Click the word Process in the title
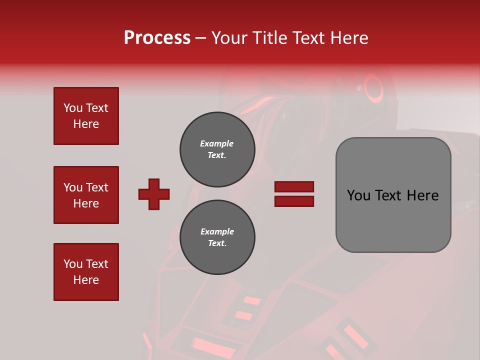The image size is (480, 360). (x=157, y=38)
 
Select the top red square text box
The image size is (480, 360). (x=86, y=116)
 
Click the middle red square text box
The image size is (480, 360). (x=86, y=195)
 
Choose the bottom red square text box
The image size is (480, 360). (x=86, y=272)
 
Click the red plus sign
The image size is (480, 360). (x=154, y=194)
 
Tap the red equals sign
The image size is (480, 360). (x=294, y=194)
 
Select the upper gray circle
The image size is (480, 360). (x=217, y=149)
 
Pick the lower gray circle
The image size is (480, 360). (x=217, y=237)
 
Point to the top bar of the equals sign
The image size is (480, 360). (x=294, y=187)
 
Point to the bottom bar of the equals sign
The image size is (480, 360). (x=294, y=201)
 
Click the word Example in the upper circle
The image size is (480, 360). (x=217, y=143)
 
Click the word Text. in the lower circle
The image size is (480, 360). (x=217, y=243)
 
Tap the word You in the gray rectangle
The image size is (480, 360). (x=358, y=195)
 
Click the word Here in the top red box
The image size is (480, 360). (x=86, y=124)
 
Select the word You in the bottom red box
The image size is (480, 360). (x=73, y=264)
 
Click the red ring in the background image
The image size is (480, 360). (x=373, y=88)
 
